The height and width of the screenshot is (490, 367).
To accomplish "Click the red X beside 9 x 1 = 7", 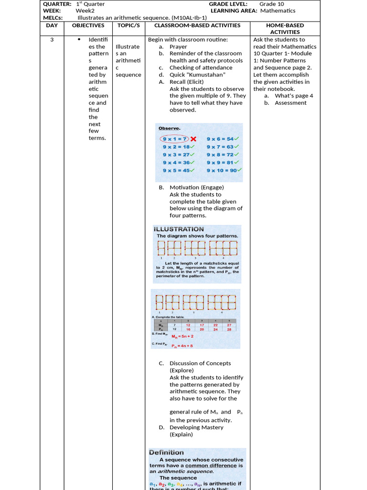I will (194, 139).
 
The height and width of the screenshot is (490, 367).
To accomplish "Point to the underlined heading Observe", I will (169, 128).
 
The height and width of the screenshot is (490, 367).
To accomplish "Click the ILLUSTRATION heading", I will (179, 229).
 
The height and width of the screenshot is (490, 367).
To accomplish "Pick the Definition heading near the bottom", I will (166, 452).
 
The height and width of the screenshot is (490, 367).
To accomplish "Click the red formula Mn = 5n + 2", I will (183, 336).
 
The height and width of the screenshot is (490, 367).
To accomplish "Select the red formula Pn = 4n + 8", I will (182, 346).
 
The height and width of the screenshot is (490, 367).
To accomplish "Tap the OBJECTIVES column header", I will (88, 25).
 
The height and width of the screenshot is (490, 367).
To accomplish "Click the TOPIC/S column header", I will (129, 25).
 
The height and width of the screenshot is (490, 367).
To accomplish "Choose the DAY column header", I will (52, 25).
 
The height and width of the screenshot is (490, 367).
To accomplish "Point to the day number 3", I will (52, 40).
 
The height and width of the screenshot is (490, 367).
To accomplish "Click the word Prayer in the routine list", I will (178, 47).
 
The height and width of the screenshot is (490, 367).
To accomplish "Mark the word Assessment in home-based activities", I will (291, 103).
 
